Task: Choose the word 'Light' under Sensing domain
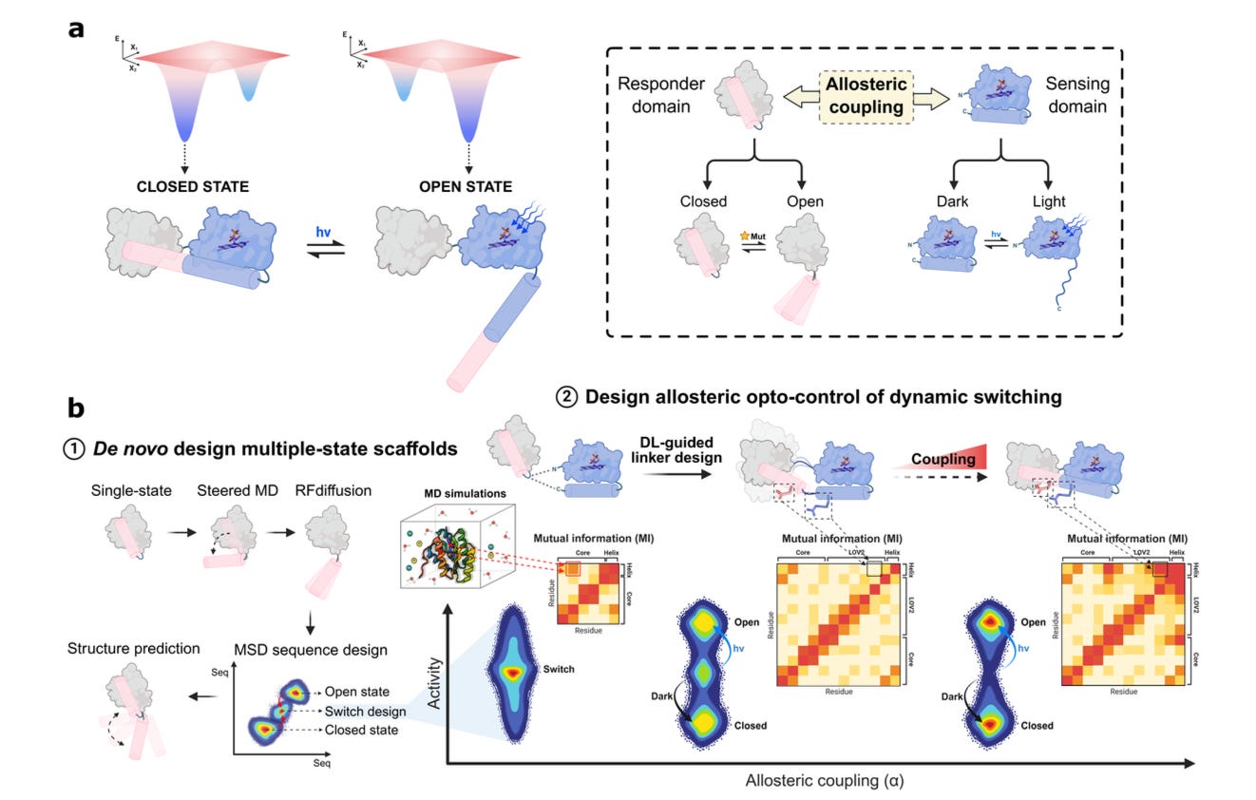point(1048,201)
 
